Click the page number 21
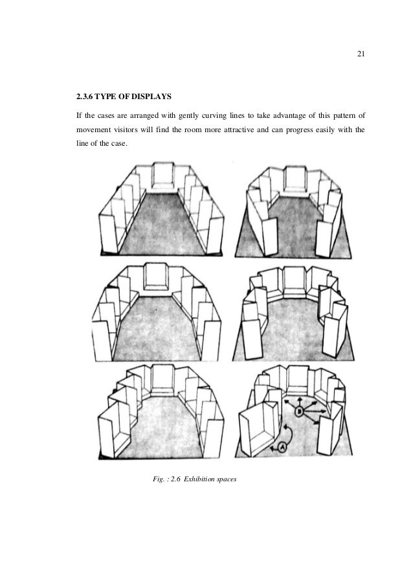click(361, 52)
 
